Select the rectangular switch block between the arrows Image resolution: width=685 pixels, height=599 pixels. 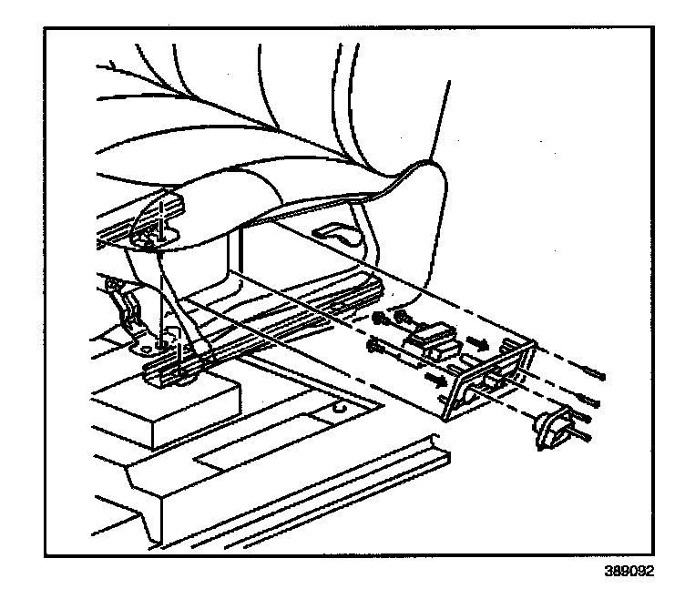coord(431,342)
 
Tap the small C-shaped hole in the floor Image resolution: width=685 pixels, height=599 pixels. coord(342,410)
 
